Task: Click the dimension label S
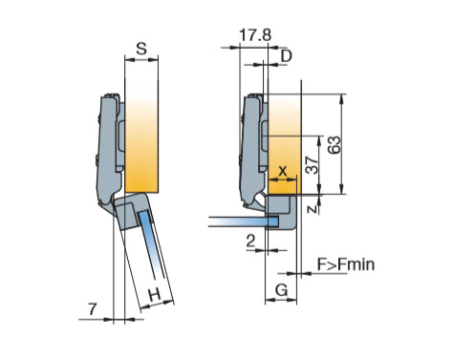click(x=141, y=49)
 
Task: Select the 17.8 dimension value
click(x=255, y=34)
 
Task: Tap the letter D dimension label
click(x=286, y=56)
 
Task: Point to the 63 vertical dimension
click(x=334, y=145)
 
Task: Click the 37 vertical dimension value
click(x=312, y=165)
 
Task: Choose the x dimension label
click(x=283, y=171)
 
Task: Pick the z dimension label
click(x=312, y=208)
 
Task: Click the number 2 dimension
click(x=250, y=241)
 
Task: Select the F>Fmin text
click(x=346, y=265)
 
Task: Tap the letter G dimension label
click(x=281, y=290)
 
